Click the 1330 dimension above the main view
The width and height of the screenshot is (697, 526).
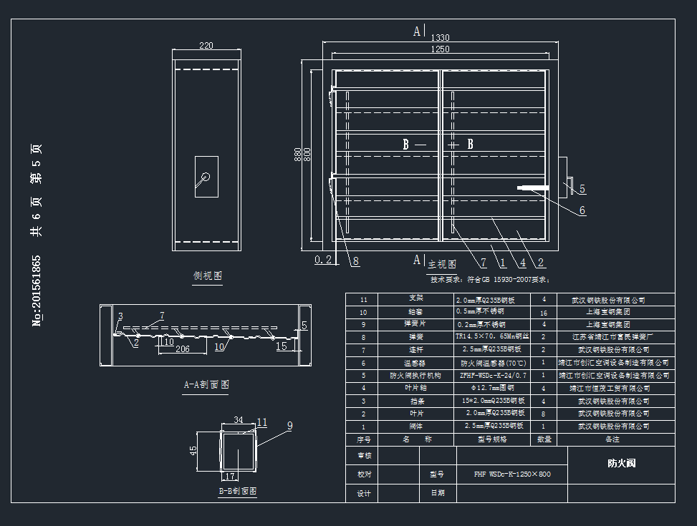pos(440,38)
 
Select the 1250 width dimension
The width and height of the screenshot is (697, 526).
pos(440,49)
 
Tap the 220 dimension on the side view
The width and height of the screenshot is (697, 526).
pos(206,46)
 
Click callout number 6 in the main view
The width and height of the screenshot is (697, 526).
pos(582,210)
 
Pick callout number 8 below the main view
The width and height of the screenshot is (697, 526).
pos(355,261)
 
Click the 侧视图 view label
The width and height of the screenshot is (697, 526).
pos(208,276)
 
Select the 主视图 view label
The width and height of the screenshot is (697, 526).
pos(442,264)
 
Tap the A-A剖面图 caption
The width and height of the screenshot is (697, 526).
pos(206,384)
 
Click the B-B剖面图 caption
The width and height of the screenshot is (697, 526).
pos(238,492)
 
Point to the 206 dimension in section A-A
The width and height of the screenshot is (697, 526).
pos(183,349)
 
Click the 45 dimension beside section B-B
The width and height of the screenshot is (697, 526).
pos(193,451)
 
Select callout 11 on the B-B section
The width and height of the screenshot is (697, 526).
pos(261,422)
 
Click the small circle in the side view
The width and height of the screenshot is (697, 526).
pos(206,177)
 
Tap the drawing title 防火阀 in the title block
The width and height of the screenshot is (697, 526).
pos(621,463)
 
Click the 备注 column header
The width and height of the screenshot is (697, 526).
pos(612,439)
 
